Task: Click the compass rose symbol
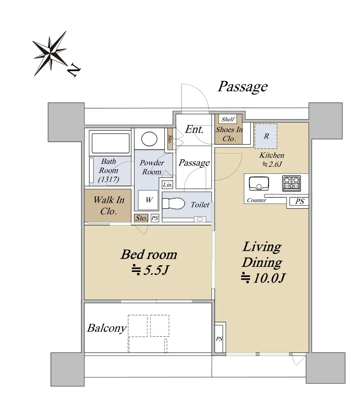pos(50,53)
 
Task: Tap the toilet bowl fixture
pos(173,203)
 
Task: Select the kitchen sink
pos(259,183)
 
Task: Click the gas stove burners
pos(291,183)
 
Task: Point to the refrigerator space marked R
pos(266,136)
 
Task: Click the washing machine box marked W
pos(148,200)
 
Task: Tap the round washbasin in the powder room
pos(149,139)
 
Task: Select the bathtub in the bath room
pos(110,143)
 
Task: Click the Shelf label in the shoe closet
pos(228,119)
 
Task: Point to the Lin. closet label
pos(167,185)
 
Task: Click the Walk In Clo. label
pos(109,206)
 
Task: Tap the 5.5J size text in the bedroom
pos(150,270)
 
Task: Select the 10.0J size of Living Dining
pos(263,278)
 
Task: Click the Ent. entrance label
pos(194,130)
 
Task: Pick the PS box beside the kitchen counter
pos(299,201)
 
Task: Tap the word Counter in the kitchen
pos(256,200)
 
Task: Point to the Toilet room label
pos(200,205)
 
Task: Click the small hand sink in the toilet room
pos(200,219)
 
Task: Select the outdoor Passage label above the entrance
pos(243,87)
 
